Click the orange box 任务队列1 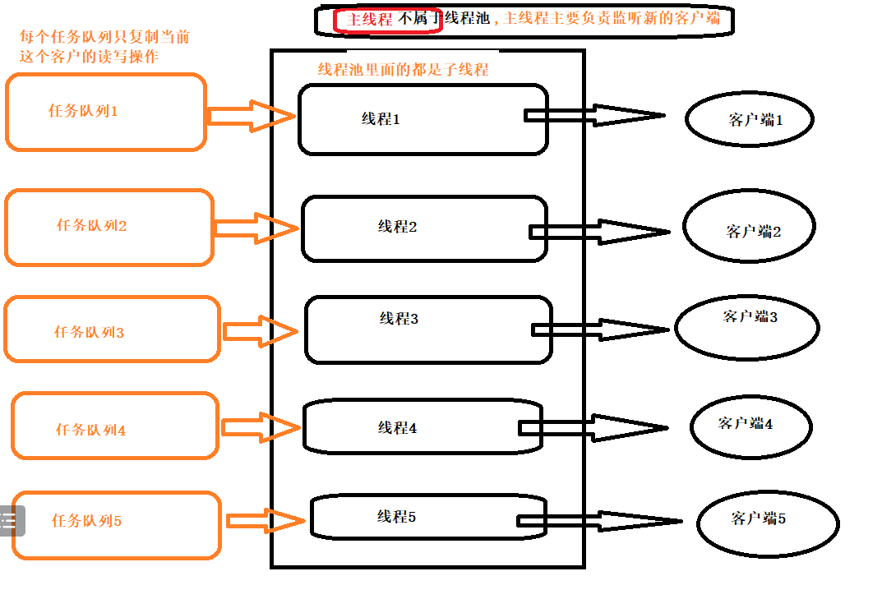coord(105,113)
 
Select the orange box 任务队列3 coord(112,329)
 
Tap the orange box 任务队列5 coord(117,524)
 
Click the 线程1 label coord(380,119)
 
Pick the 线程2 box coord(423,229)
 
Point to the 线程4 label coord(397,428)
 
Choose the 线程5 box coord(427,517)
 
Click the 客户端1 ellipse coord(749,120)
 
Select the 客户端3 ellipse coord(746,326)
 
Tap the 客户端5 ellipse coord(767,523)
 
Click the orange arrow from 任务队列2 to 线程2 coord(255,228)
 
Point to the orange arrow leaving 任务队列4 coord(260,426)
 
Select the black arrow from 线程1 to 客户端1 coord(596,115)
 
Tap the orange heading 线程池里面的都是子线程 coord(403,71)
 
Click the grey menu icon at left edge coord(12,520)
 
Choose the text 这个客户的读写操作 coord(89,57)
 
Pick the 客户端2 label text coord(753,232)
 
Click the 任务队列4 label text coord(90,430)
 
